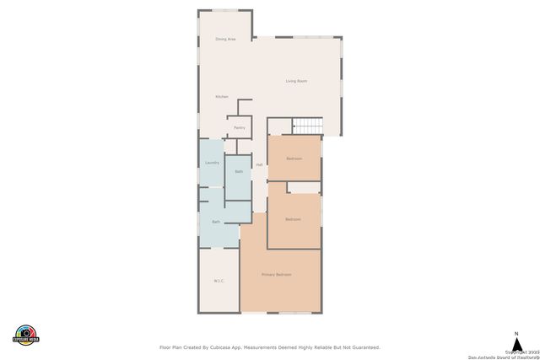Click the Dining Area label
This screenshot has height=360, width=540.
(225, 39)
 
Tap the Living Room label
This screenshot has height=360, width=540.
(295, 81)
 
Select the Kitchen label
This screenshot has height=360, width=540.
(221, 97)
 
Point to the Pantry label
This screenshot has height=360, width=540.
(240, 128)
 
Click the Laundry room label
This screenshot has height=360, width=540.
(212, 163)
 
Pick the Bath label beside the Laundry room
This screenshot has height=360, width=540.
(239, 172)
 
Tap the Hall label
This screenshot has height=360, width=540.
(259, 164)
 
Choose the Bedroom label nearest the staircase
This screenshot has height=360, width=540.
(294, 159)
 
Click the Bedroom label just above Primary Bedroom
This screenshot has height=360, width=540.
(293, 219)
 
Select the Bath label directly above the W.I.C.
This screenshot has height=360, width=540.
(216, 222)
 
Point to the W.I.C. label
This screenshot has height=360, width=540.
(218, 281)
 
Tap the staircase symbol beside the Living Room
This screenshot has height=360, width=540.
(308, 126)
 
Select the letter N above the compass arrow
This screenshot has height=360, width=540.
(516, 333)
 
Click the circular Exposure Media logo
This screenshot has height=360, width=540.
(26, 335)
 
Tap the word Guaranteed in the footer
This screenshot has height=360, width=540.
(362, 347)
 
